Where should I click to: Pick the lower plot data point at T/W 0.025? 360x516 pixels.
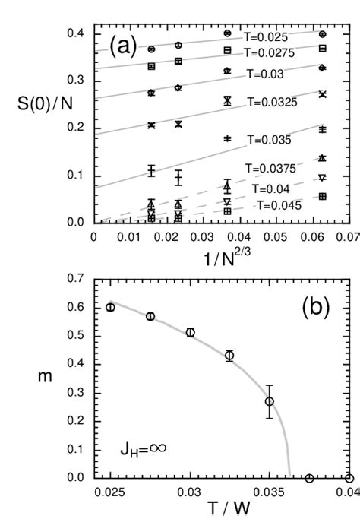[x=110, y=307]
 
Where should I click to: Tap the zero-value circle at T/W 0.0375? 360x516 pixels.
[x=309, y=478]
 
